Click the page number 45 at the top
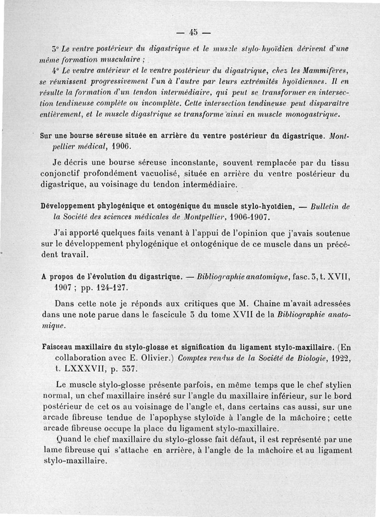point(193,33)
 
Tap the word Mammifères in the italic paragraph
point(329,71)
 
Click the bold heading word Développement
point(68,207)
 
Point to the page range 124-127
point(114,288)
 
